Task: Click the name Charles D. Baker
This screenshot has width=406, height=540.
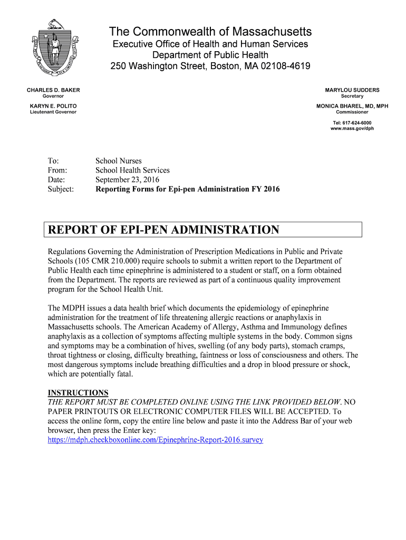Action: [53, 90]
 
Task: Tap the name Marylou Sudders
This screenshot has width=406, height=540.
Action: [352, 90]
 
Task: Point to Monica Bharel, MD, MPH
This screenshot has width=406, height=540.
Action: [352, 106]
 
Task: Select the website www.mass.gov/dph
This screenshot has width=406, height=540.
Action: [352, 128]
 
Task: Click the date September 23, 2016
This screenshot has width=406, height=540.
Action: [127, 179]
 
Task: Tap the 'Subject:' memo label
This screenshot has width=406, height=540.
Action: [61, 189]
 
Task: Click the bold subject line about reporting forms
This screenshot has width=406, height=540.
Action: [187, 189]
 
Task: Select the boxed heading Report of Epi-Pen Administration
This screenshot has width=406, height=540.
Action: [163, 230]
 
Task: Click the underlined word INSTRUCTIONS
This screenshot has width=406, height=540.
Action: [78, 393]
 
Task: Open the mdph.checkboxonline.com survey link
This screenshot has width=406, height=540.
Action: [155, 439]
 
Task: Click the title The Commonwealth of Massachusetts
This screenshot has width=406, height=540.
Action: [210, 32]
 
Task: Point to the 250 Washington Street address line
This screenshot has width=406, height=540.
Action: [210, 66]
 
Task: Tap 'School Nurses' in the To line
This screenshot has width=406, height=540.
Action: [118, 161]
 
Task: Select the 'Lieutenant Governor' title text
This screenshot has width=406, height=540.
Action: [53, 112]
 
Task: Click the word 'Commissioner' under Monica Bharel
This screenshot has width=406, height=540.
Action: [352, 112]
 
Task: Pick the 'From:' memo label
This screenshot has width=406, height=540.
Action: [57, 170]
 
